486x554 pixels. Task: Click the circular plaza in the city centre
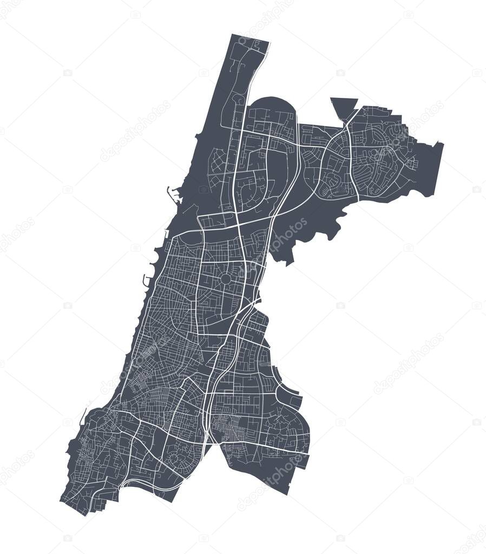coord(225,279)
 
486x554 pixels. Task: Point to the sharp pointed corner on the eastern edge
coord(443,143)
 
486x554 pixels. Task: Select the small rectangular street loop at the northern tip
coord(252,46)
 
